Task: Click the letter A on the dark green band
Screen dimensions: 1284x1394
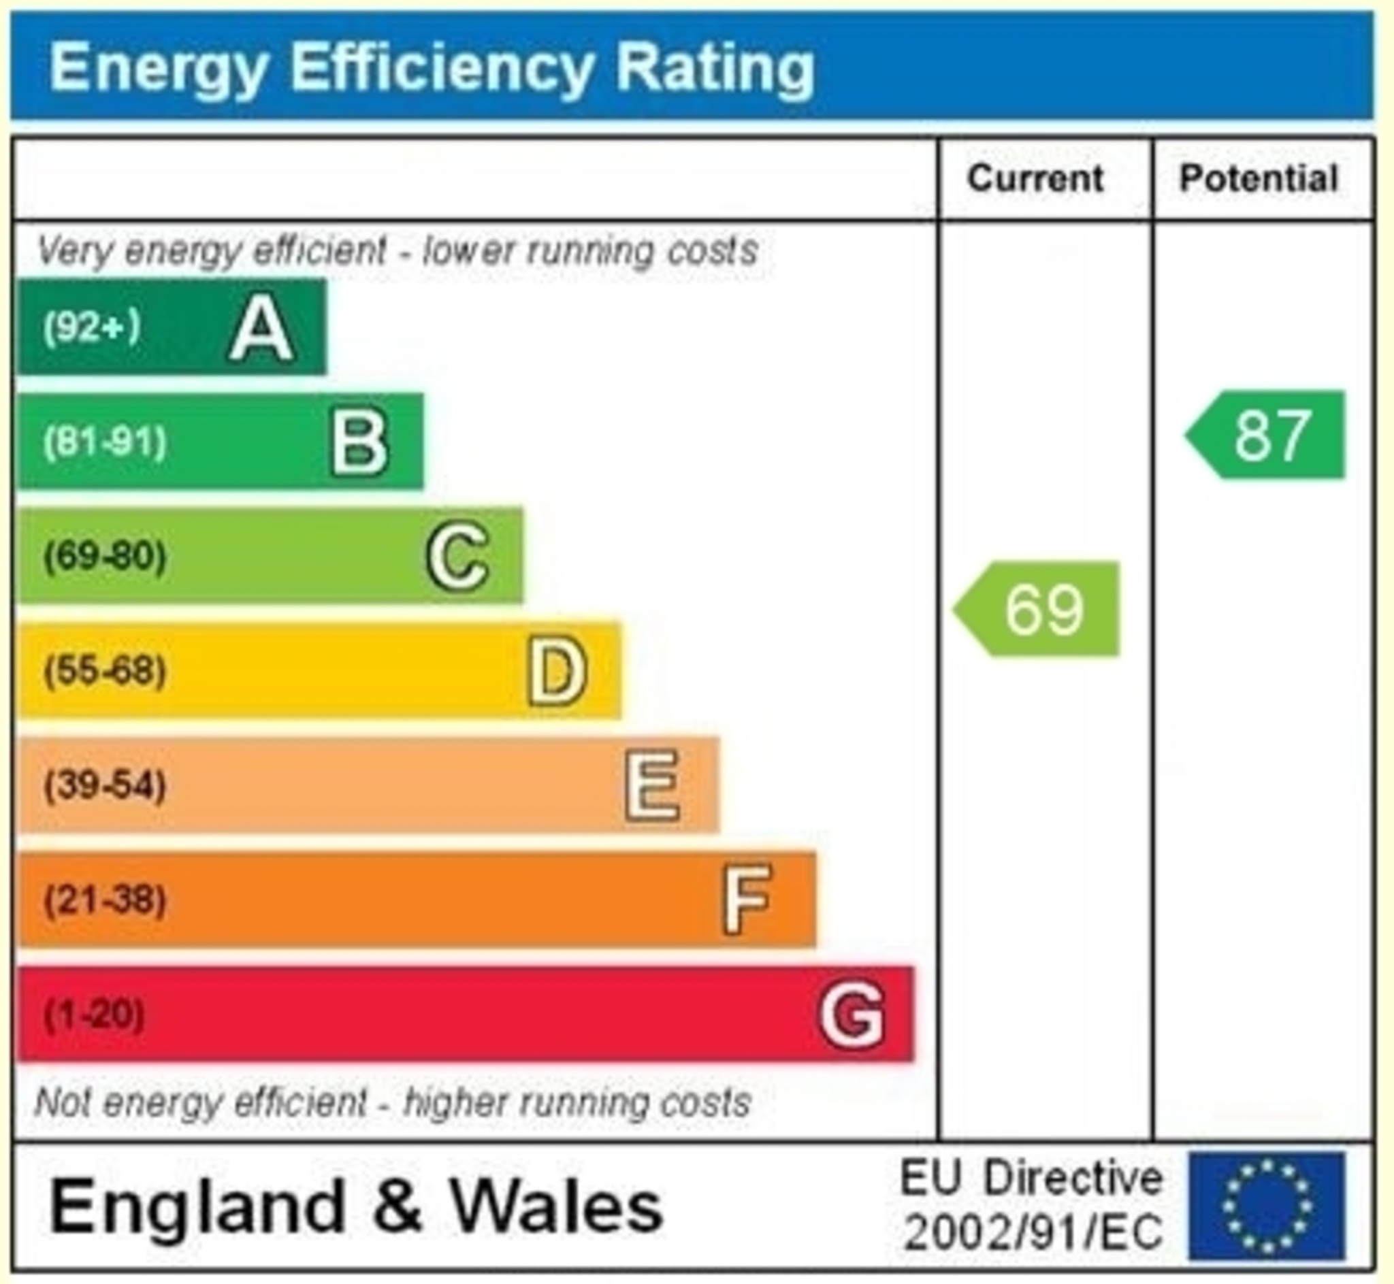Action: (261, 328)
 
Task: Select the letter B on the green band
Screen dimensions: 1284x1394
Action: (359, 442)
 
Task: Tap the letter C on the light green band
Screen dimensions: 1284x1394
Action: (458, 557)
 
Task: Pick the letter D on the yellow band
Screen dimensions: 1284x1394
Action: (557, 672)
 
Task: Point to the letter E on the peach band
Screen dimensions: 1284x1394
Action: (652, 786)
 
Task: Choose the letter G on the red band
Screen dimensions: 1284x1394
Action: (852, 1015)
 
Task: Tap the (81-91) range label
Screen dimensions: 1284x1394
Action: (105, 442)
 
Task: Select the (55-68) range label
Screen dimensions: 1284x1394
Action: (105, 671)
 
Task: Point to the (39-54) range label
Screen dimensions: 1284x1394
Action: (105, 786)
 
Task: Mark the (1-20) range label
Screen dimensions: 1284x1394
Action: (95, 1015)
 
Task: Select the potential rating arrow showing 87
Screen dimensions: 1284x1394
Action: (1267, 435)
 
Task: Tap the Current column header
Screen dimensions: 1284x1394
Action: (1035, 178)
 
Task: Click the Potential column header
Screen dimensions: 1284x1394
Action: (1259, 178)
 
